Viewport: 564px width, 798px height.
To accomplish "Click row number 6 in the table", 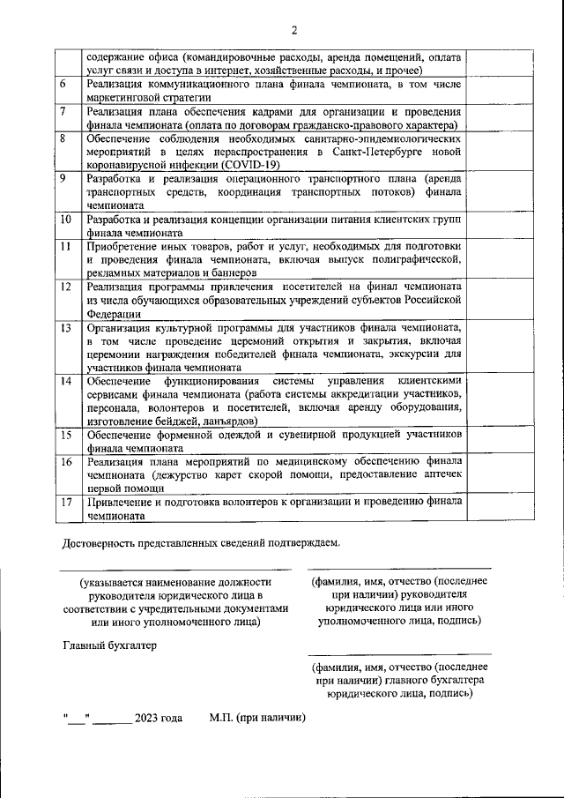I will pos(63,85).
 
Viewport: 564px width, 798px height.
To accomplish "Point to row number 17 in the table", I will pos(65,502).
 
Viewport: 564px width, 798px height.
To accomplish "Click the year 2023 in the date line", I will pos(147,719).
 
